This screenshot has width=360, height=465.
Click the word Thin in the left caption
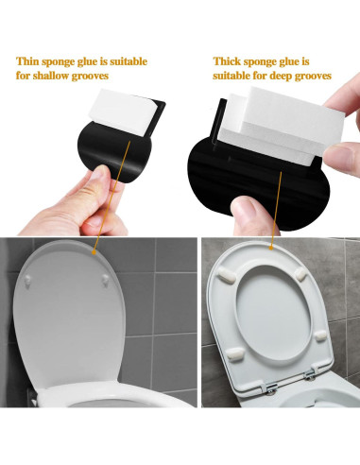pos(29,60)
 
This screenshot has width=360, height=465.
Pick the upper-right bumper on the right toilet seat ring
pos(300,275)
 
